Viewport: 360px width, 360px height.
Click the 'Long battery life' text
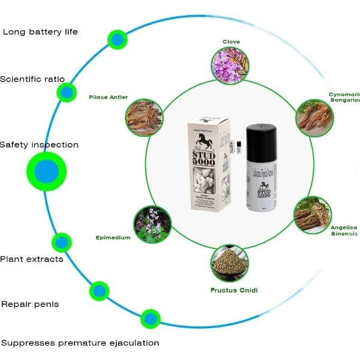click(40, 31)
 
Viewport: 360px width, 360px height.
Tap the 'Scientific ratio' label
click(32, 79)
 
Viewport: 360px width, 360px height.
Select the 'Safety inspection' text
click(39, 145)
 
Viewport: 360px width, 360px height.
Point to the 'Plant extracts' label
click(31, 259)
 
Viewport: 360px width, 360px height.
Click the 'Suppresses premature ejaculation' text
click(80, 343)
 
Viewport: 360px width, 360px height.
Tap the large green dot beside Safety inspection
click(46, 172)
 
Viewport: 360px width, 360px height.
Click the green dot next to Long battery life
click(118, 40)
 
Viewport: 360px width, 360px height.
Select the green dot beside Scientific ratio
click(66, 92)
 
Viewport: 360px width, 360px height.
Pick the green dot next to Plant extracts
click(61, 242)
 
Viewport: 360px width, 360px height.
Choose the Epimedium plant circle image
click(152, 224)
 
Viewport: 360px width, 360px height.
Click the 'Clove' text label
click(231, 41)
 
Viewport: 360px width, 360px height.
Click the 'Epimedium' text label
click(113, 238)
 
